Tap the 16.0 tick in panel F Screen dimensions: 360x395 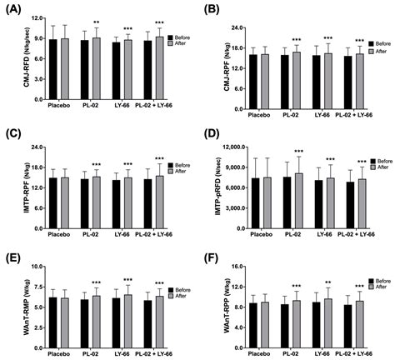tap(237, 267)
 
